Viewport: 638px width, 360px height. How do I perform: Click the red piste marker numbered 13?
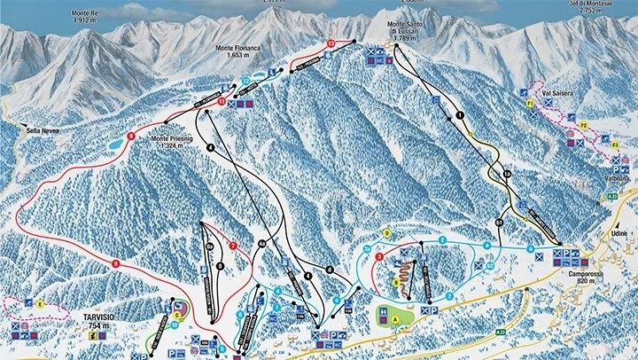coord(331,43)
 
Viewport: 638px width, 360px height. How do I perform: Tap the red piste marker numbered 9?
coord(115,262)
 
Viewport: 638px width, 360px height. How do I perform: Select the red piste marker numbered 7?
coord(233,246)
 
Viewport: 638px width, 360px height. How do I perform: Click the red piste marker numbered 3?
coord(379,257)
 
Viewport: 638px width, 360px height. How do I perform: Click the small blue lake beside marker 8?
coord(115,142)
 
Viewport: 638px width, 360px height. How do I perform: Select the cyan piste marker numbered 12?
coord(245,81)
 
